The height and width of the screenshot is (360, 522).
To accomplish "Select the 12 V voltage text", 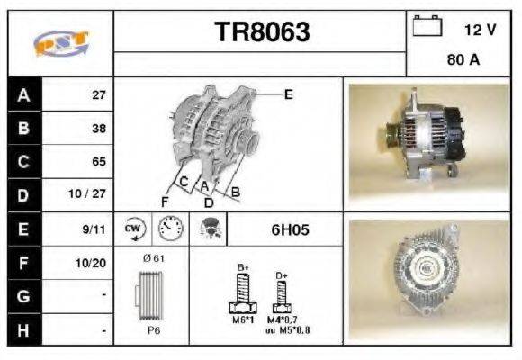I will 480,30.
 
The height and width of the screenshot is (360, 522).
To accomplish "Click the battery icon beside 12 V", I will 427,27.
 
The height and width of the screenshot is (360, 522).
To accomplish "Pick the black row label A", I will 24,94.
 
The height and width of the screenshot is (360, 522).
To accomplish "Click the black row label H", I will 24,330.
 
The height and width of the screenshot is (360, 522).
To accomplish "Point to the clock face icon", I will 168,229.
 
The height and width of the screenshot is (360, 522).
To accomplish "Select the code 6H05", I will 290,229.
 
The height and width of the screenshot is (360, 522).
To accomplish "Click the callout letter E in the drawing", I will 288,93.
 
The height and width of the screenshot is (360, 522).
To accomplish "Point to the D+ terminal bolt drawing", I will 282,292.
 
